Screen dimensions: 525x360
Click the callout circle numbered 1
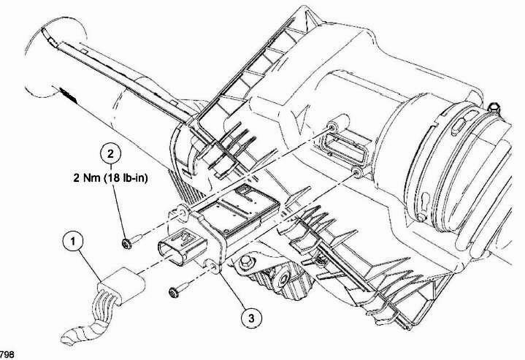[73, 241]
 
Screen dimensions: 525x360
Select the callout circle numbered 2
[110, 153]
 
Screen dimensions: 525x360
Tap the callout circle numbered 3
[251, 318]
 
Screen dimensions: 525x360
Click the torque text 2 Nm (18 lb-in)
[110, 177]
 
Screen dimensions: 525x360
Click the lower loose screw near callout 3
[179, 289]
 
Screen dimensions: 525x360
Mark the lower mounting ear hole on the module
[213, 267]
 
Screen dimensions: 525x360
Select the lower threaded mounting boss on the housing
[357, 173]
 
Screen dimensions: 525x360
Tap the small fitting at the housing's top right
[494, 108]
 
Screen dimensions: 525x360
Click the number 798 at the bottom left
[7, 355]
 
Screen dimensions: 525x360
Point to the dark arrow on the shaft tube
[68, 95]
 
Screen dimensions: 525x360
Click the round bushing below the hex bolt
[283, 277]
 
